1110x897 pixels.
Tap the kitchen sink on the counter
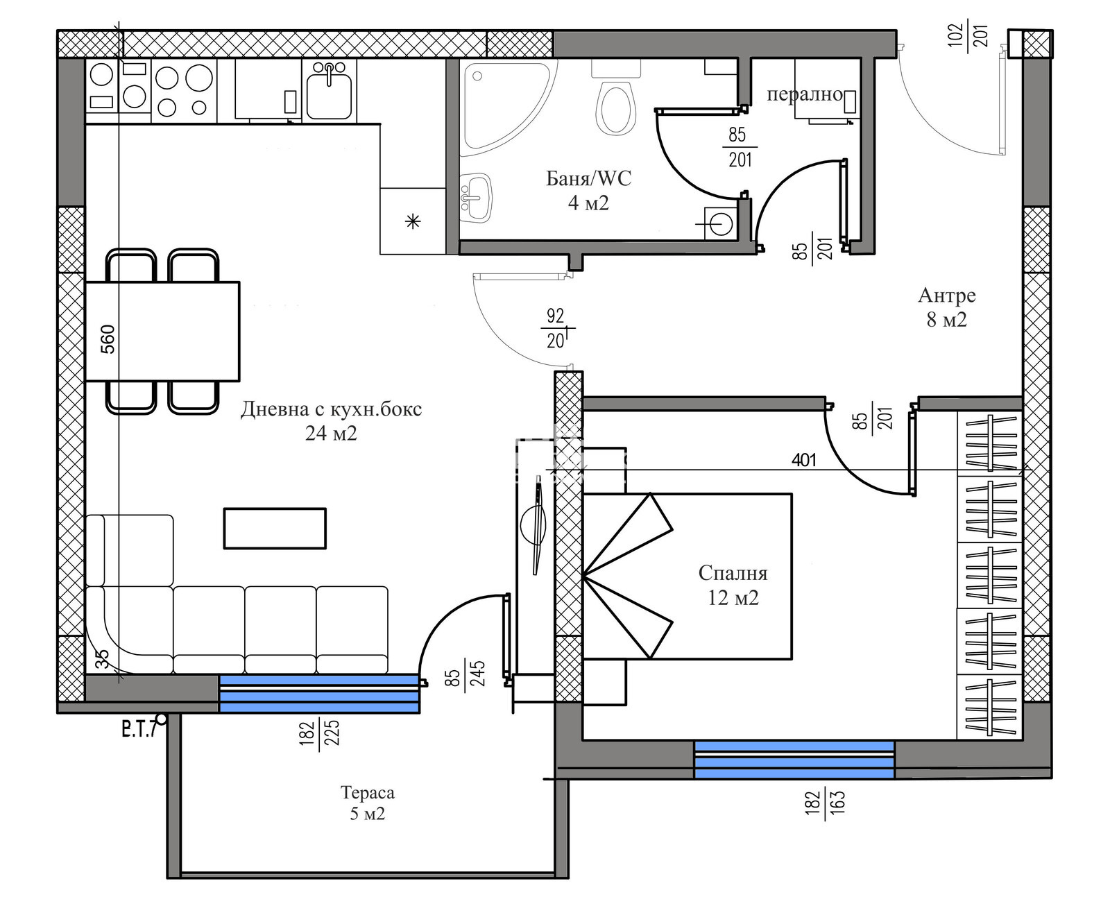pyautogui.click(x=329, y=90)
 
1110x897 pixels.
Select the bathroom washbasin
pyautogui.click(x=475, y=198)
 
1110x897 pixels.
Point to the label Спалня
pyautogui.click(x=733, y=573)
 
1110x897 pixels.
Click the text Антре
pyautogui.click(x=946, y=295)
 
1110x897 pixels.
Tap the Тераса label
pyautogui.click(x=368, y=793)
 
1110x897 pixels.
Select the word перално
pyautogui.click(x=804, y=94)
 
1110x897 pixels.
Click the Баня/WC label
pyautogui.click(x=588, y=178)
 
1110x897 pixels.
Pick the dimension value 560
pyautogui.click(x=108, y=339)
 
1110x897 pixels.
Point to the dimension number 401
pyautogui.click(x=803, y=460)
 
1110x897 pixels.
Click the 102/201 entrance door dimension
pyautogui.click(x=968, y=35)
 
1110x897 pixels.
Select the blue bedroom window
pyautogui.click(x=794, y=760)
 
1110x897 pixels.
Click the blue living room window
pyautogui.click(x=319, y=694)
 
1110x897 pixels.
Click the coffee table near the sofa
pyautogui.click(x=275, y=529)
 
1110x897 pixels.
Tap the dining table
pyautogui.click(x=162, y=332)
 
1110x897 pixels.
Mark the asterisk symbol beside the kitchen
pyautogui.click(x=413, y=222)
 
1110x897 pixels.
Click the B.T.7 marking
pyautogui.click(x=139, y=731)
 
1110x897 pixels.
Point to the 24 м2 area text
pyautogui.click(x=331, y=433)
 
